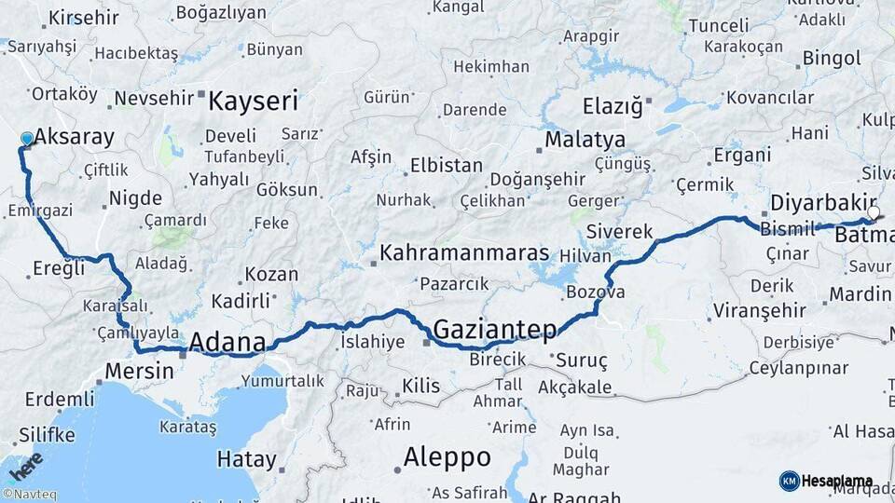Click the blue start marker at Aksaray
[x=26, y=139]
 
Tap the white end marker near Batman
[x=874, y=213]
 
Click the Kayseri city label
[x=253, y=101]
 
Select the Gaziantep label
[x=495, y=329]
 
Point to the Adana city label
[x=227, y=343]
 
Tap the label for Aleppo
[x=447, y=457]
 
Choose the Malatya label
[x=585, y=140]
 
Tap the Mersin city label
[x=139, y=371]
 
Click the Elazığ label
[x=613, y=106]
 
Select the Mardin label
[x=861, y=295]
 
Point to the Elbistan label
[x=447, y=166]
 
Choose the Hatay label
[x=246, y=459]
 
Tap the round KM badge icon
[x=789, y=482]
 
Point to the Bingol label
[x=832, y=59]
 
